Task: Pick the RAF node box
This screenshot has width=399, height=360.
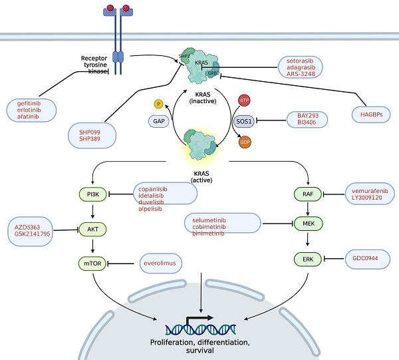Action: coord(307,194)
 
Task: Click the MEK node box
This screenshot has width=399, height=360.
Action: coord(307,224)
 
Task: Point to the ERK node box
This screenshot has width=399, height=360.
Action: coord(307,258)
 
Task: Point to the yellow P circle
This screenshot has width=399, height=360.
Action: coord(158,104)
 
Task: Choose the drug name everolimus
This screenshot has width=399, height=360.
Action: coord(162,265)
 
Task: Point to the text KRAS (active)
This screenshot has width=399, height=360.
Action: coord(199,174)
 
